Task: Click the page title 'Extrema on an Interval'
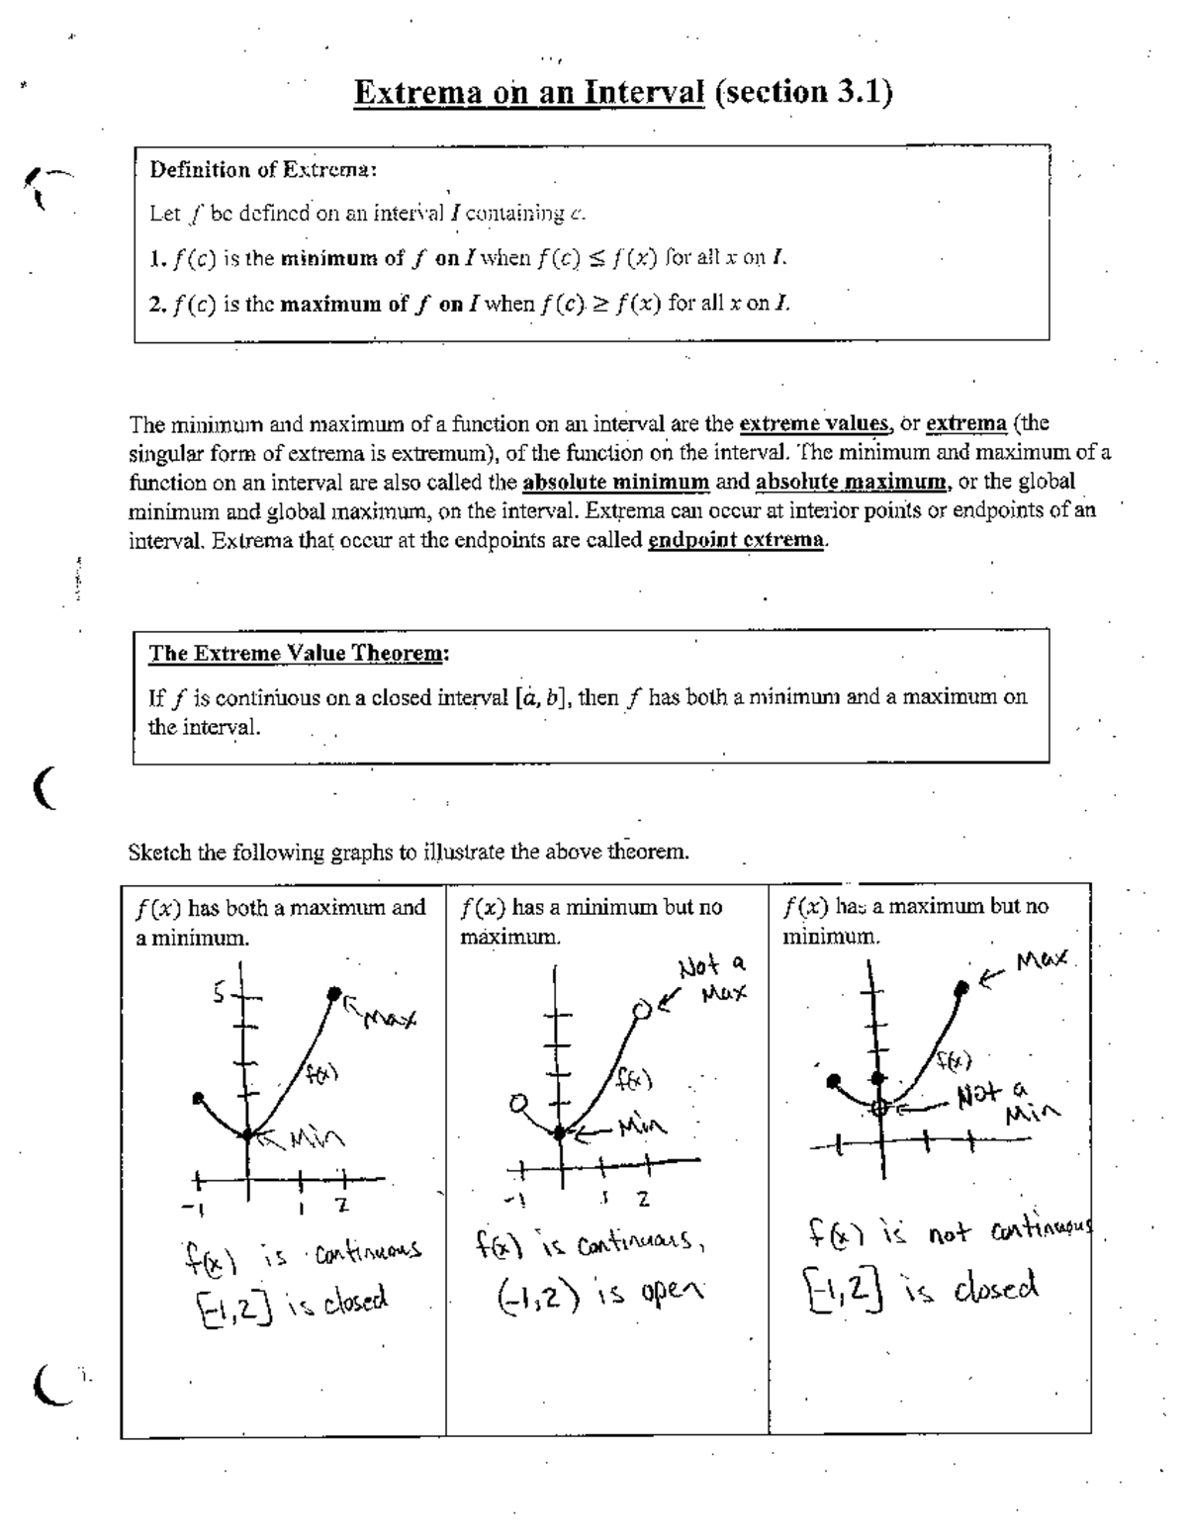point(528,93)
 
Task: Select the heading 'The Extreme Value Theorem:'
point(299,654)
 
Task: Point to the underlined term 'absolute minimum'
point(615,484)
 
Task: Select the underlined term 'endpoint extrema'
point(735,543)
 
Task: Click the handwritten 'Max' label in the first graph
point(391,1017)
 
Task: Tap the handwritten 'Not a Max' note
point(712,977)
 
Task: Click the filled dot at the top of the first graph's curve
point(334,992)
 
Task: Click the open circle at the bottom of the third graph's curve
point(879,1109)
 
